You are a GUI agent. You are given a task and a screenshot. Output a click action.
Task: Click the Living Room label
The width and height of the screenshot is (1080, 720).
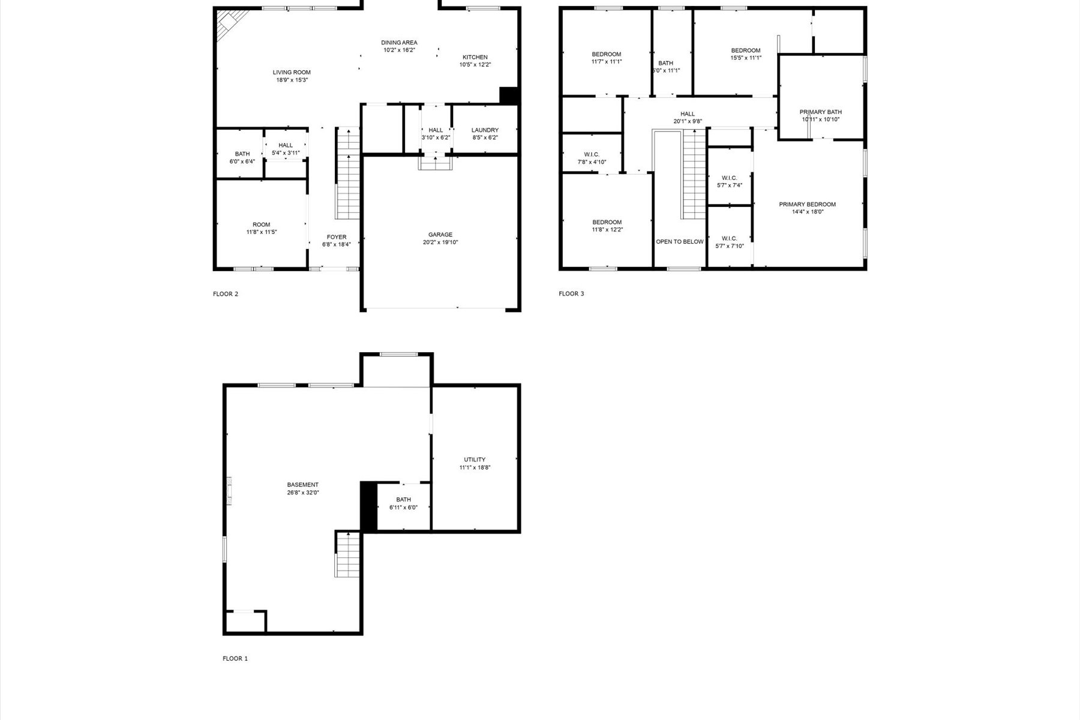point(292,73)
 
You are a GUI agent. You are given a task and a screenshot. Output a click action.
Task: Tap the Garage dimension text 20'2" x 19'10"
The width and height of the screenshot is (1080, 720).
point(440,242)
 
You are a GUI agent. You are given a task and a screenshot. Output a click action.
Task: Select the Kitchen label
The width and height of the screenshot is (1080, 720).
point(475,58)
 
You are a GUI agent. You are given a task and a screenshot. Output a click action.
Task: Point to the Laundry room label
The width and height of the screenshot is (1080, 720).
point(485,130)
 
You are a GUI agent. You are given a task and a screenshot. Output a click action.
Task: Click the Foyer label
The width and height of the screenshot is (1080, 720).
point(337,237)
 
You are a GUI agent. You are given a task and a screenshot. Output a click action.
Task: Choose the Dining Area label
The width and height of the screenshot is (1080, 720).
point(399,43)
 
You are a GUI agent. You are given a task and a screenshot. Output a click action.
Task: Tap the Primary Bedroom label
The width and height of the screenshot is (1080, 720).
point(807,205)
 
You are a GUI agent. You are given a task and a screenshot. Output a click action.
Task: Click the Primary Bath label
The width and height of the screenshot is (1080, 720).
point(820,112)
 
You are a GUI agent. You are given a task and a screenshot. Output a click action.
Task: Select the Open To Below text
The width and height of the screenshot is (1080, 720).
point(679,242)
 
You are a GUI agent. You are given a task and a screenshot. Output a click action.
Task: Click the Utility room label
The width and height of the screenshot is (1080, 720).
point(475,460)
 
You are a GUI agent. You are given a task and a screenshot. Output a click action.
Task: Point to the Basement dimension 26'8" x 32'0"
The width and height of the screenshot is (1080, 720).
point(302,493)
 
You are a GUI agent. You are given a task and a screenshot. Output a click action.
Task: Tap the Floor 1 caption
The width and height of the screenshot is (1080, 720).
point(235,658)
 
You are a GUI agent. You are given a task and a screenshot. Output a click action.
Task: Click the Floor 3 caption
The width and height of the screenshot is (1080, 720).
point(571,293)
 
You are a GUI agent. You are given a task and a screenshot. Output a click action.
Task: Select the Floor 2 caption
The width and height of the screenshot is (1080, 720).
point(226,294)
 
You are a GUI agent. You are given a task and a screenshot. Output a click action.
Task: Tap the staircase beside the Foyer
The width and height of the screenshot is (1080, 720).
point(347,174)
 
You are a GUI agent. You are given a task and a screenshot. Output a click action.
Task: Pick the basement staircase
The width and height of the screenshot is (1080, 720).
point(348,554)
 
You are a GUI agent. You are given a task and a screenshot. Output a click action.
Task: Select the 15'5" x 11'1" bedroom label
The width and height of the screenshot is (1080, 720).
point(746,50)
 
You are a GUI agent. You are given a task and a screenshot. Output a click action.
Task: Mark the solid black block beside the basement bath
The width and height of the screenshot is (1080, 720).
point(368,506)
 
